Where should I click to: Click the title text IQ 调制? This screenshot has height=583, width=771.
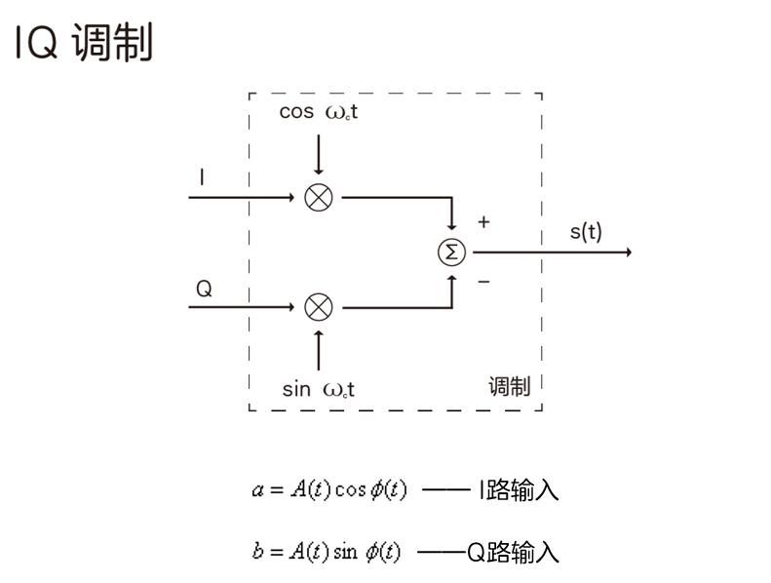click(84, 44)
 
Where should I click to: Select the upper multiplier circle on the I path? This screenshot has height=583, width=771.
click(319, 197)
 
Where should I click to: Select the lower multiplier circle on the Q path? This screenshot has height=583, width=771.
click(319, 307)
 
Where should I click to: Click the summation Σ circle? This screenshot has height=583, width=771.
click(451, 252)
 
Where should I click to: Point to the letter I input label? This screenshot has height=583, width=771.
click(202, 177)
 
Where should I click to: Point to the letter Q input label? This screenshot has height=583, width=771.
click(204, 289)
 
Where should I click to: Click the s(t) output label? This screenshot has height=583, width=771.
click(586, 232)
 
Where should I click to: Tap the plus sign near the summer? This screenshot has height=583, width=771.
click(483, 222)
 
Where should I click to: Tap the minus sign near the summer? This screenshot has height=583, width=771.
click(483, 282)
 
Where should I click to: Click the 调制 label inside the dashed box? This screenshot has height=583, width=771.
click(509, 387)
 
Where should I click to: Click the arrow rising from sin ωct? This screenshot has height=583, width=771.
click(319, 349)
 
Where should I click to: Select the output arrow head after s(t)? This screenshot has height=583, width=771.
click(628, 253)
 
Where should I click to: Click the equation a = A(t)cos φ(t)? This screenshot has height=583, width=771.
click(329, 490)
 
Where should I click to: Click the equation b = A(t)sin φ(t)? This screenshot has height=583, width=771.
click(327, 552)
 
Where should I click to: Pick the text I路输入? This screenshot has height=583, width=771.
click(518, 490)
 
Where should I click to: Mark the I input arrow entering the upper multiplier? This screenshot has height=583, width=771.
click(244, 197)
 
